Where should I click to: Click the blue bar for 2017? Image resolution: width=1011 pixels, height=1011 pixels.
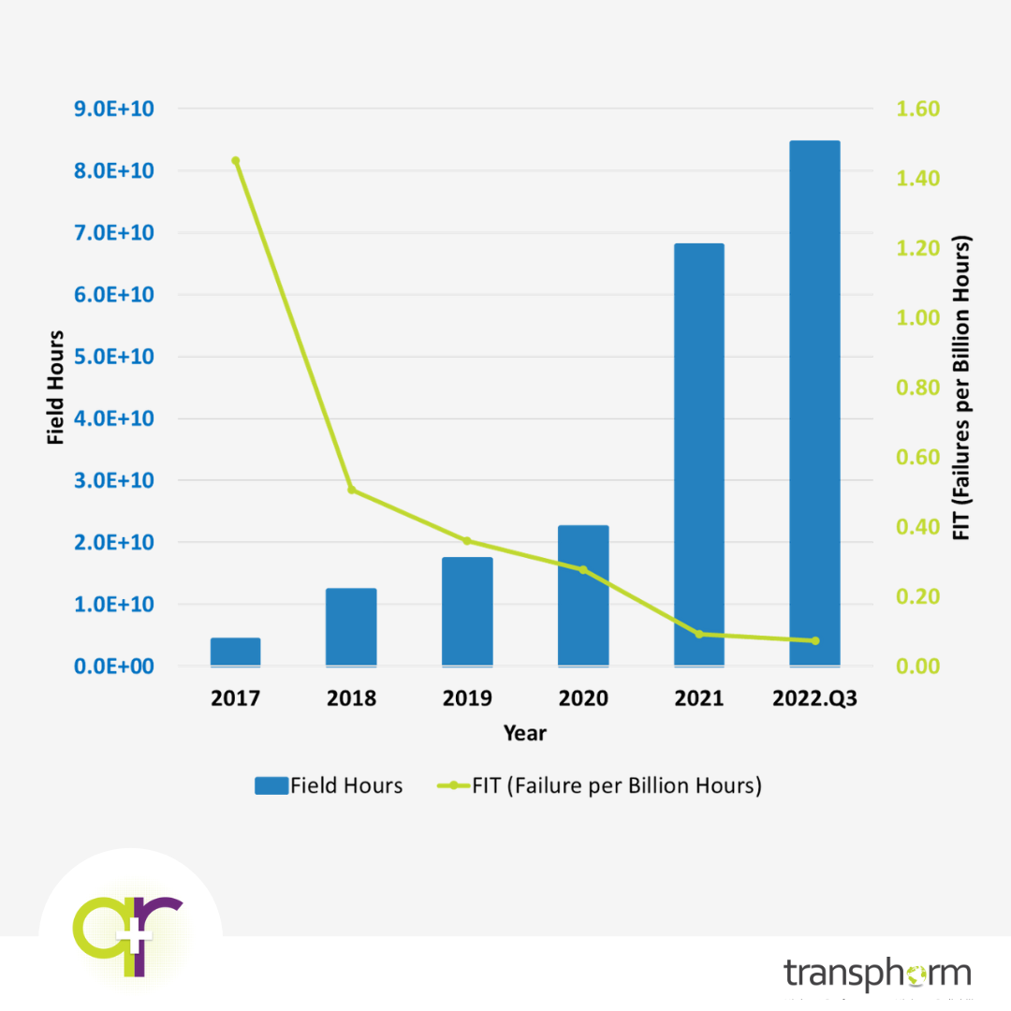click(x=235, y=652)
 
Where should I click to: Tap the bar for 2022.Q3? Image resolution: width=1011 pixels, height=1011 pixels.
click(x=814, y=403)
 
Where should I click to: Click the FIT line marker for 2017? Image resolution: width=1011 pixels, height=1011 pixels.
click(x=235, y=161)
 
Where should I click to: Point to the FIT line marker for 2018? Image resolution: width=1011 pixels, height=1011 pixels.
click(x=351, y=490)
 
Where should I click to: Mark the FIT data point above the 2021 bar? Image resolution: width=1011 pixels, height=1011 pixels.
click(x=698, y=634)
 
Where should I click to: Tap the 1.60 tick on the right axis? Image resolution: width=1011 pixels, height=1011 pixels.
click(x=917, y=110)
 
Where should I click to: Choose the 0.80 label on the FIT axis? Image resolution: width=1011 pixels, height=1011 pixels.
click(x=917, y=388)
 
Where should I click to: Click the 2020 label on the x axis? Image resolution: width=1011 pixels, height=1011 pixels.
click(x=582, y=698)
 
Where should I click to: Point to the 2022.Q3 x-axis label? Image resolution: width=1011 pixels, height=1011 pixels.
click(x=814, y=698)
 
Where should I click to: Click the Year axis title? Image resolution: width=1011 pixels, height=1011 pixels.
click(x=524, y=733)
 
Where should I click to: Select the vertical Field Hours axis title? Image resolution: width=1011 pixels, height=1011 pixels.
click(x=56, y=388)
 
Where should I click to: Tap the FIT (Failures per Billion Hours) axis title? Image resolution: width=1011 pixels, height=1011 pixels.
click(x=961, y=388)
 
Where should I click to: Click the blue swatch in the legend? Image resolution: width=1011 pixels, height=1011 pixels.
click(x=271, y=786)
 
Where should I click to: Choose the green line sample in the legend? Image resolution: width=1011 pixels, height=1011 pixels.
click(x=453, y=786)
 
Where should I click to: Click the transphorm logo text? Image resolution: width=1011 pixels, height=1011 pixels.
click(x=877, y=974)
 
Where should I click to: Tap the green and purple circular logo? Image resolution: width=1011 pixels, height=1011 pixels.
click(x=129, y=936)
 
